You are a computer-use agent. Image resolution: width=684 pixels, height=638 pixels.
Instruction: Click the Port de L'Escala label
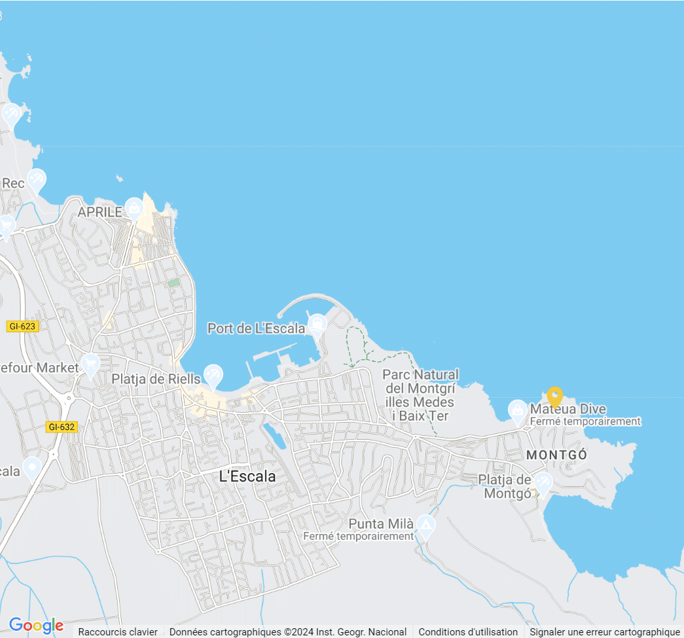click(x=256, y=328)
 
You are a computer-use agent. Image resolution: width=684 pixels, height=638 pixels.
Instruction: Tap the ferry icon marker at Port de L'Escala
click(x=317, y=323)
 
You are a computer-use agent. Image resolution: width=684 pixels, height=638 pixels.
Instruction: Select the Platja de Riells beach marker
click(x=213, y=374)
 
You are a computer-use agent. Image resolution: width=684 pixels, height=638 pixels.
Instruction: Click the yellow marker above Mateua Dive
click(x=554, y=396)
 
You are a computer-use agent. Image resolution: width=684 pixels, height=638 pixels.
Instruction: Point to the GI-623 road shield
click(x=23, y=326)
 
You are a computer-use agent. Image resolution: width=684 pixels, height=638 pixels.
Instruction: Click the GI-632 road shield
click(x=62, y=427)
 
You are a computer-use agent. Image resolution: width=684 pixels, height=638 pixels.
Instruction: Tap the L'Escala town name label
click(x=247, y=477)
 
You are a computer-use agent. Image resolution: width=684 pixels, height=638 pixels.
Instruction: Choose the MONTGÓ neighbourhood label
click(x=556, y=455)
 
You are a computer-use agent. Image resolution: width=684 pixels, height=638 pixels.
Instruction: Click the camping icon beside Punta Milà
click(x=426, y=525)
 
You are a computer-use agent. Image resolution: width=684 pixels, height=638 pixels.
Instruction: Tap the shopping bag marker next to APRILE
click(x=134, y=207)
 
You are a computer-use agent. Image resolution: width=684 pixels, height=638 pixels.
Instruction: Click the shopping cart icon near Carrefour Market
click(x=90, y=364)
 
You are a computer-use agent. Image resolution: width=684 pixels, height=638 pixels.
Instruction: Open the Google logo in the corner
click(x=36, y=626)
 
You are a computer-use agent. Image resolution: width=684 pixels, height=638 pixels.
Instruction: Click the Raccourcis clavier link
click(x=118, y=632)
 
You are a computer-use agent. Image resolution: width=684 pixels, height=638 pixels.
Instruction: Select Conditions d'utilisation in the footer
click(x=468, y=632)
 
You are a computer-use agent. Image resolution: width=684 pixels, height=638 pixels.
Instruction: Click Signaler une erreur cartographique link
click(x=605, y=632)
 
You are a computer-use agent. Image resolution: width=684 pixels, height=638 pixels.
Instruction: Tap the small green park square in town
click(x=173, y=283)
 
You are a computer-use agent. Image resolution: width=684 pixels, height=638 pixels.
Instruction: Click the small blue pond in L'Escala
click(x=275, y=436)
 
